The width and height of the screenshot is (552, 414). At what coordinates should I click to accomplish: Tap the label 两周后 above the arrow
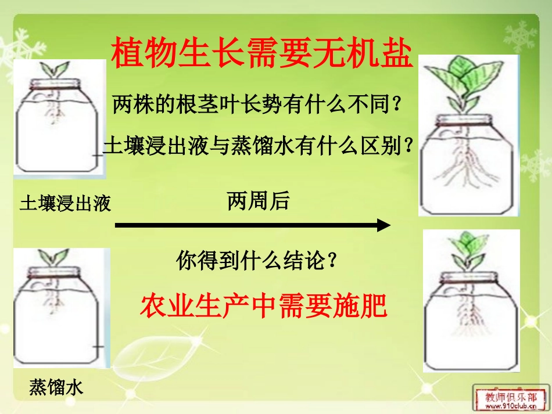tap(258, 201)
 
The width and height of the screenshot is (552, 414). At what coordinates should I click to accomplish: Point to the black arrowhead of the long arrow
tap(383, 225)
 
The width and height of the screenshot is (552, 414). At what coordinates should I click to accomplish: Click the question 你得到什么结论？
tap(256, 261)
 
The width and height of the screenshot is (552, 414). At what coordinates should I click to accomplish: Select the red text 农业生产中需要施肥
tap(263, 305)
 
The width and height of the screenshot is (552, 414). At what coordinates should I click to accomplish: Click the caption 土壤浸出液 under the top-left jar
tap(65, 204)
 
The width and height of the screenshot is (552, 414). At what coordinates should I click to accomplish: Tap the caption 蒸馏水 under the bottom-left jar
tap(56, 387)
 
